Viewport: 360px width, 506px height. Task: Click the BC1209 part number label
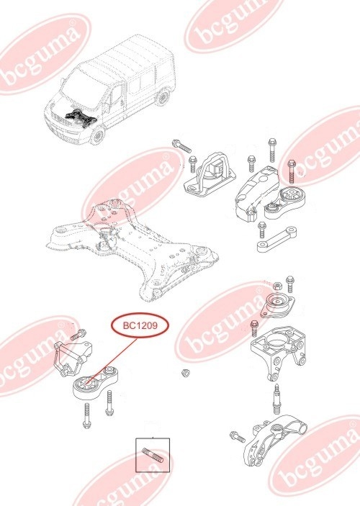click(140, 326)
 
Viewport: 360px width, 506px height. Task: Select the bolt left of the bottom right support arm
click(235, 435)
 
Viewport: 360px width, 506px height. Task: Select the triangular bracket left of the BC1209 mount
click(72, 357)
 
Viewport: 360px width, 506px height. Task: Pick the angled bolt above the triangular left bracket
click(78, 334)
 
